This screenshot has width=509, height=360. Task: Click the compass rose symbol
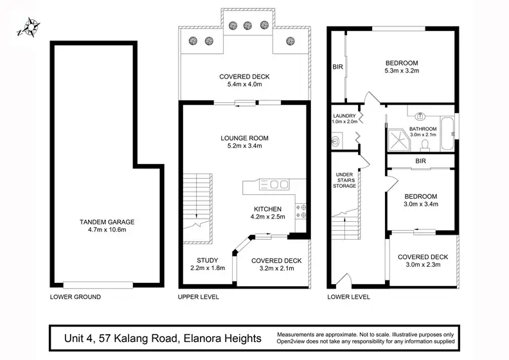click(x=28, y=27)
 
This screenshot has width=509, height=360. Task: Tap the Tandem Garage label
click(x=107, y=222)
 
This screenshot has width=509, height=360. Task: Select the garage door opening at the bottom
click(x=98, y=285)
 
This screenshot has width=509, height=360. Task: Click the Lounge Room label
click(x=244, y=138)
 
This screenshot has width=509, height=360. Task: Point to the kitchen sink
click(x=274, y=184)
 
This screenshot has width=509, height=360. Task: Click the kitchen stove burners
click(x=301, y=211)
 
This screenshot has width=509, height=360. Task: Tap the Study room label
click(x=208, y=260)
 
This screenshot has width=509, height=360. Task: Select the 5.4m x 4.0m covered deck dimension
click(x=245, y=84)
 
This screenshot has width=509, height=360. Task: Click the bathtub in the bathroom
click(x=447, y=133)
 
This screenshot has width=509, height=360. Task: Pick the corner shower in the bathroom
click(x=398, y=140)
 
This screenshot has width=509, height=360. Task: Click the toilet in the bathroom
click(x=425, y=145)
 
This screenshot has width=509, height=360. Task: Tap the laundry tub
click(x=335, y=141)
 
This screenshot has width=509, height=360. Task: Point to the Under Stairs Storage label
click(x=344, y=180)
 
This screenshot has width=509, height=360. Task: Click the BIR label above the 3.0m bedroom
click(x=421, y=161)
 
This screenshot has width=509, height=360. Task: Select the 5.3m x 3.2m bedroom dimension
click(x=402, y=71)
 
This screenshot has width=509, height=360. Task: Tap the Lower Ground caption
click(x=75, y=297)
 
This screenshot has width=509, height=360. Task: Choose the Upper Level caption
click(x=199, y=297)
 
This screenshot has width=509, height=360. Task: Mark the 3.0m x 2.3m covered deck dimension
click(x=424, y=265)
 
